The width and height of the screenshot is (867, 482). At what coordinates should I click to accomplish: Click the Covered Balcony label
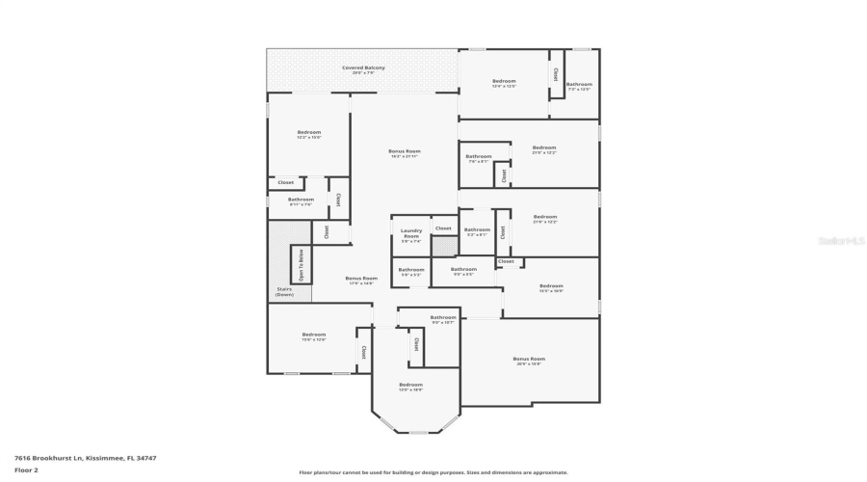[x=363, y=67]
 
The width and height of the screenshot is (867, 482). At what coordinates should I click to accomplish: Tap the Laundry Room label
[x=411, y=233]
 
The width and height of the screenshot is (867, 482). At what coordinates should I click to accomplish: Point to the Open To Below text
[x=301, y=263]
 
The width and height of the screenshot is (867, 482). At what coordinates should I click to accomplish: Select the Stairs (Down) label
[x=284, y=291]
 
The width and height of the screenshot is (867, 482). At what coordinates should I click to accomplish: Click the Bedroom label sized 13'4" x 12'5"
[x=504, y=82]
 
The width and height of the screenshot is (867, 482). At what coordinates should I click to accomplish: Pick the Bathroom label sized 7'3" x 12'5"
[x=579, y=85]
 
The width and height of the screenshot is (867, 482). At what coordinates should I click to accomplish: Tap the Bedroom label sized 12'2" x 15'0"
[x=308, y=133]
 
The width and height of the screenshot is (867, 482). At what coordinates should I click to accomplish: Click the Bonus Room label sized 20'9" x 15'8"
[x=529, y=360]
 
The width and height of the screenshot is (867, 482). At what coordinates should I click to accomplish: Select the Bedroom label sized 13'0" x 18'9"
[x=411, y=386]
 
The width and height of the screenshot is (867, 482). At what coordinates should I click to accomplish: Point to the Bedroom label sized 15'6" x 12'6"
[x=314, y=335]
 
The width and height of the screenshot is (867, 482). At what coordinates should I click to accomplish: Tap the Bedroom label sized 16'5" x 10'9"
[x=551, y=286]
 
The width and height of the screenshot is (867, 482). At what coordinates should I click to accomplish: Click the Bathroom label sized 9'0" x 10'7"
[x=443, y=318]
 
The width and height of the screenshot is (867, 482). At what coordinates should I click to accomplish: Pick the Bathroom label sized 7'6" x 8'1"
[x=479, y=157]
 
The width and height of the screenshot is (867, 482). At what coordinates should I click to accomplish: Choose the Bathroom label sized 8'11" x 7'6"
[x=302, y=201]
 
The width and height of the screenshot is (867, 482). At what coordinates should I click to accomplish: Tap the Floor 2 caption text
[x=26, y=469]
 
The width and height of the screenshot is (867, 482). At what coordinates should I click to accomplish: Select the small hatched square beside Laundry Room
[x=443, y=247]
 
